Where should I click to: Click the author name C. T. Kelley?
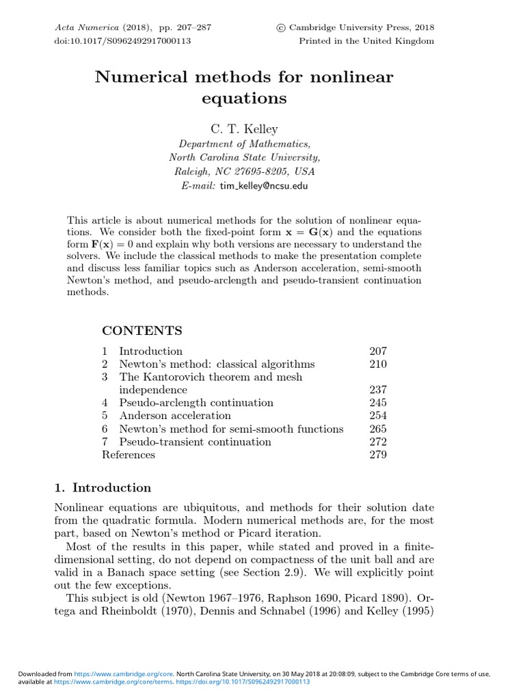pyautogui.click(x=244, y=129)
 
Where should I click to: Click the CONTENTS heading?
pyautogui.click(x=142, y=331)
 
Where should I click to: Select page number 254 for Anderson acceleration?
pyautogui.click(x=377, y=416)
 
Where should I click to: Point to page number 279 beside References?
pyautogui.click(x=377, y=455)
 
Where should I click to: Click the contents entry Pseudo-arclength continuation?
pyautogui.click(x=196, y=403)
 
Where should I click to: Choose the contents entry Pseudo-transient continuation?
pyautogui.click(x=195, y=442)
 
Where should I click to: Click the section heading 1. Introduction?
pyautogui.click(x=103, y=487)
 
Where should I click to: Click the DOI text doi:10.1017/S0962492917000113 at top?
pyautogui.click(x=122, y=41)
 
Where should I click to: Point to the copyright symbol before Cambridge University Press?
pyautogui.click(x=280, y=28)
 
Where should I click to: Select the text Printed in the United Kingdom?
pyautogui.click(x=366, y=41)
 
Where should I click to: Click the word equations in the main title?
pyautogui.click(x=244, y=98)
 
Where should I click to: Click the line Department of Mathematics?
pyautogui.click(x=244, y=144)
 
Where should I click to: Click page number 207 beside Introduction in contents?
pyautogui.click(x=377, y=351)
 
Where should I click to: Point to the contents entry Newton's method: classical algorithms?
pyautogui.click(x=217, y=364)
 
